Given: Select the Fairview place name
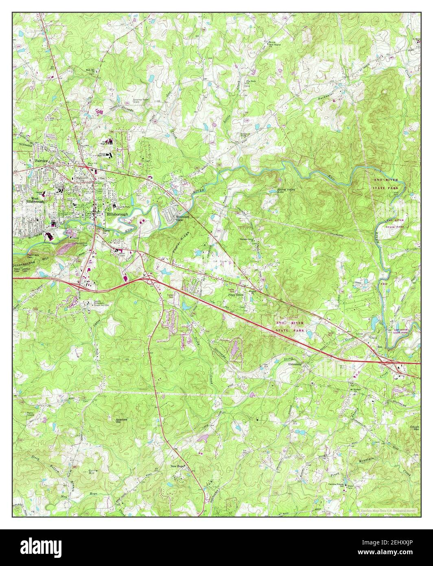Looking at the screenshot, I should (x=42, y=161).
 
